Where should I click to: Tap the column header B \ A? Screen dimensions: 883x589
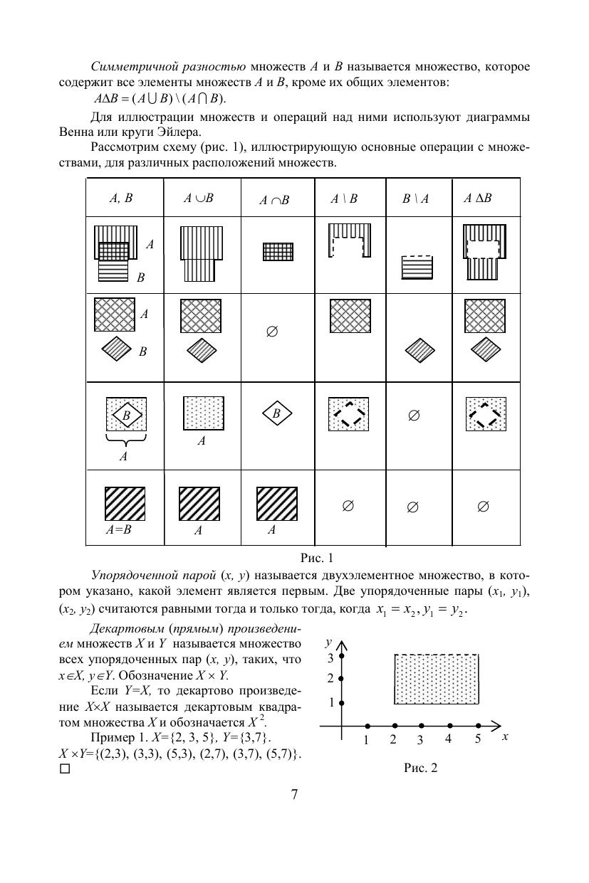[x=415, y=200]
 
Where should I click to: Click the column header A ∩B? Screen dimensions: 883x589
[x=274, y=201]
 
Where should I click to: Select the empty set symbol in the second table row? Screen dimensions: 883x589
[x=271, y=332]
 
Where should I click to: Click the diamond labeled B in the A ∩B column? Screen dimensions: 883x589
[x=278, y=413]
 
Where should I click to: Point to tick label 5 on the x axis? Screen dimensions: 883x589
[x=478, y=739]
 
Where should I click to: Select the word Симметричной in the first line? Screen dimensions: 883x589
[x=129, y=68]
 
